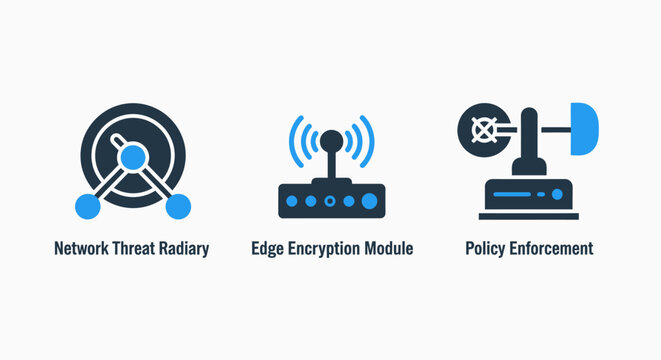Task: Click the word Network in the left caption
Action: pyautogui.click(x=83, y=249)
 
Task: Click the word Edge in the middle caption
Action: pyautogui.click(x=268, y=249)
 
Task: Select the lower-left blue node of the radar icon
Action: pyautogui.click(x=87, y=206)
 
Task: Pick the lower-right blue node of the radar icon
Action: pyautogui.click(x=178, y=206)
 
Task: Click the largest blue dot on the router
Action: pyautogui.click(x=369, y=201)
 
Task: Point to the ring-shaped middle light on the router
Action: pyautogui.click(x=330, y=201)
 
